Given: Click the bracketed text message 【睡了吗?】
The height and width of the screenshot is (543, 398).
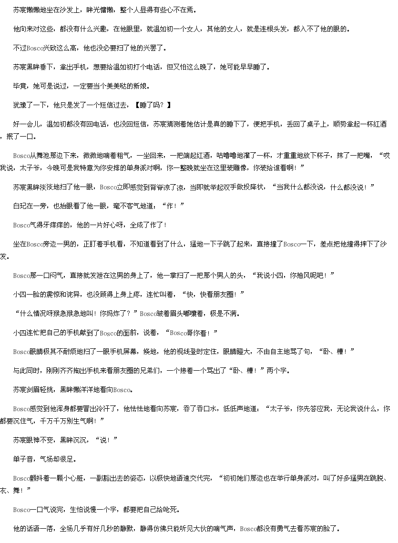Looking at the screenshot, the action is (153, 105).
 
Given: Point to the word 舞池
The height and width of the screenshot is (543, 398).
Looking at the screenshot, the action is (43, 156).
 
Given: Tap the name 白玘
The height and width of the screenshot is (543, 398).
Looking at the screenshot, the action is (20, 206).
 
